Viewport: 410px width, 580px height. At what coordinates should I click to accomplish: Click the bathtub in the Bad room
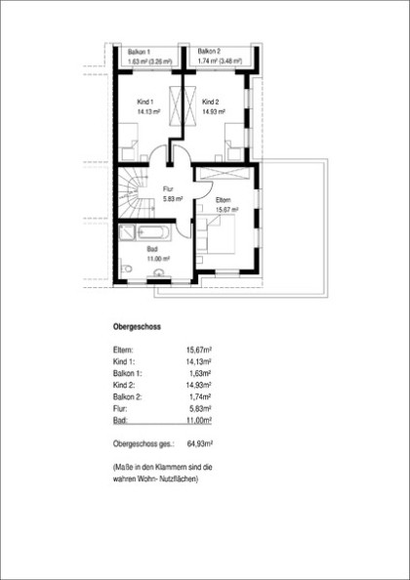pos(154,233)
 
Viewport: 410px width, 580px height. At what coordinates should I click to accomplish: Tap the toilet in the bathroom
pos(125,269)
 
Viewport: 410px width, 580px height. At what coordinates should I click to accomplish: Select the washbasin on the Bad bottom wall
pos(159,272)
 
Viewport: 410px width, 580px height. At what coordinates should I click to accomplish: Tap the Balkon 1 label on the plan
pos(139,52)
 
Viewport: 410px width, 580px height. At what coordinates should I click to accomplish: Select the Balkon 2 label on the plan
pos(209,51)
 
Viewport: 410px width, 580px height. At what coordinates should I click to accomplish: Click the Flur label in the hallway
pos(168,189)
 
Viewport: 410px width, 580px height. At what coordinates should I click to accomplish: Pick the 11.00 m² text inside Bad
pos(158,260)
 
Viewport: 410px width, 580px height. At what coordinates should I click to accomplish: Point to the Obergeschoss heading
pos(137,327)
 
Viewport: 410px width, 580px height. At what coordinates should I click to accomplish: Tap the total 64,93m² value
pos(200,443)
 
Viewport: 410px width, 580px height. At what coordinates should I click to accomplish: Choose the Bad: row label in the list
pos(120,421)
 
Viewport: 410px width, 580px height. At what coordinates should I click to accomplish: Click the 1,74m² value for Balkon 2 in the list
pos(201,396)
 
